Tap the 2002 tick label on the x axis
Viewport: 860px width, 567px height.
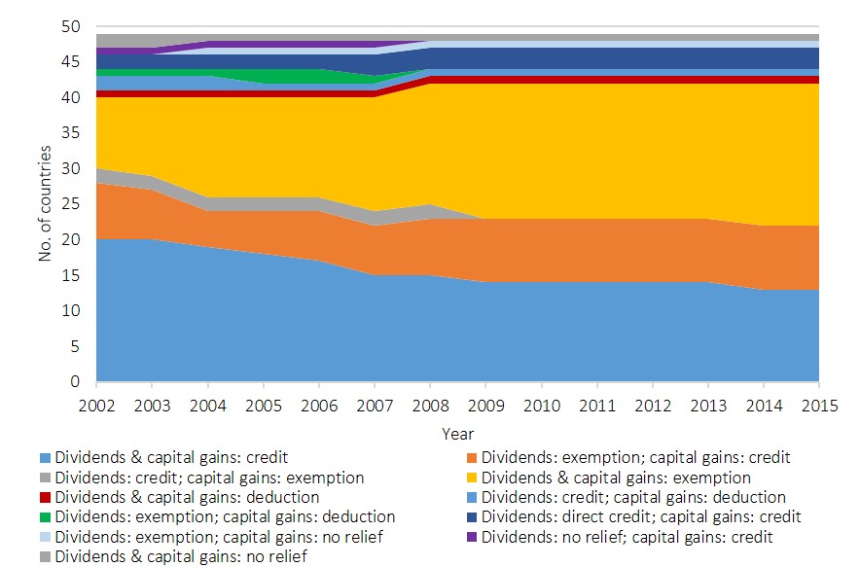tap(96, 403)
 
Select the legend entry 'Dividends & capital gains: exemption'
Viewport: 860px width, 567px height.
tap(616, 478)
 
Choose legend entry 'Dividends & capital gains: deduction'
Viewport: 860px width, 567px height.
tap(187, 497)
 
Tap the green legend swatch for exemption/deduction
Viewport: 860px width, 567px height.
tap(45, 517)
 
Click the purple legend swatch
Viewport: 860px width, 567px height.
tap(471, 537)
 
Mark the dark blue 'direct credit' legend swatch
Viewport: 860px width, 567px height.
tap(471, 517)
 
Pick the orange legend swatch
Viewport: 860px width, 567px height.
tap(471, 457)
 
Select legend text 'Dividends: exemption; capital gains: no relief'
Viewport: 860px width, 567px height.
tap(217, 537)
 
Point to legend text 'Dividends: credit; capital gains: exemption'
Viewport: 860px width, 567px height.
tap(209, 478)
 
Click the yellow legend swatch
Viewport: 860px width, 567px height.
tap(471, 478)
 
